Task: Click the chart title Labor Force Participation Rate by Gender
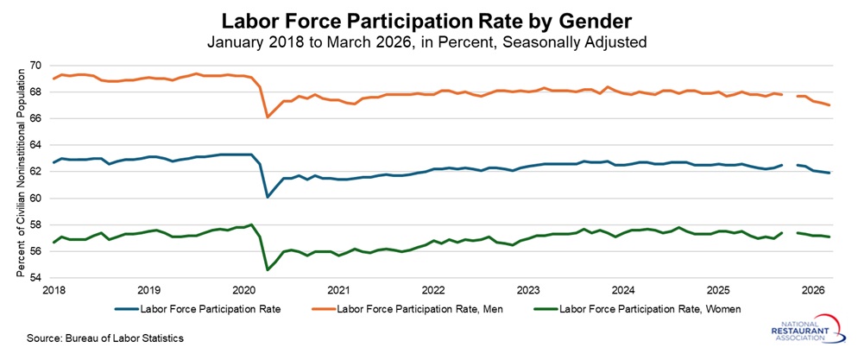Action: [429, 19]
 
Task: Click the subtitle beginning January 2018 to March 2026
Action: [429, 41]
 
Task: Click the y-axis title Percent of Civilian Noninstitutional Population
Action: [19, 172]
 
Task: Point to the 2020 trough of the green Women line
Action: [267, 270]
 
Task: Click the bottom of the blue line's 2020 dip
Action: [267, 197]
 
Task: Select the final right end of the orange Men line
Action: [829, 105]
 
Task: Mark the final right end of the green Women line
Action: [829, 237]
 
